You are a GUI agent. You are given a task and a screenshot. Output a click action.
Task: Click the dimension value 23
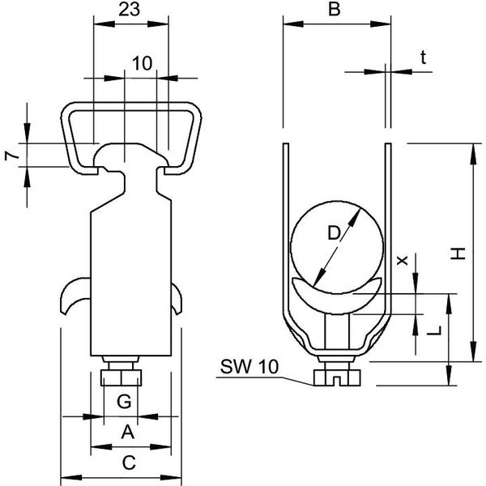(x=130, y=10)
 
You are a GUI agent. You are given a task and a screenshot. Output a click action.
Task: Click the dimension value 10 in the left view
(x=143, y=63)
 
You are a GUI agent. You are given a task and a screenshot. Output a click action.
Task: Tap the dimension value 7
(x=12, y=156)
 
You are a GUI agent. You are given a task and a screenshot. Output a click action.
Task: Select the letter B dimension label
(x=334, y=9)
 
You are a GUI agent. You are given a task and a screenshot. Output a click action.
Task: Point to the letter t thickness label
(x=423, y=58)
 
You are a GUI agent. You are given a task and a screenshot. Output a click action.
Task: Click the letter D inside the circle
(x=335, y=233)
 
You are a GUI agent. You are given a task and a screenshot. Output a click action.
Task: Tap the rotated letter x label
(x=403, y=260)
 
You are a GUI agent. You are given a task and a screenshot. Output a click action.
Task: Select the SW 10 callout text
(x=249, y=367)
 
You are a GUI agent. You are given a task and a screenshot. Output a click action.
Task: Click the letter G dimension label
(x=124, y=402)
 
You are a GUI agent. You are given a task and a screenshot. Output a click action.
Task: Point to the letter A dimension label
(x=128, y=432)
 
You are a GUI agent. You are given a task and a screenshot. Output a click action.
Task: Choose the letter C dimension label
(x=129, y=463)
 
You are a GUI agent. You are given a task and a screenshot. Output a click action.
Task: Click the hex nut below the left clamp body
(x=122, y=377)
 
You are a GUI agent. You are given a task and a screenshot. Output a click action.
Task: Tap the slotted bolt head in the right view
(x=337, y=377)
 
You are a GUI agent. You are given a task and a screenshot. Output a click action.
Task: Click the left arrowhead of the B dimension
(x=293, y=23)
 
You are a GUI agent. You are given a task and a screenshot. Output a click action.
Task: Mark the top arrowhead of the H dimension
(x=473, y=154)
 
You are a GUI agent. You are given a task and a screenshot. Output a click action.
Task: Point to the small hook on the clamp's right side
(x=177, y=298)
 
